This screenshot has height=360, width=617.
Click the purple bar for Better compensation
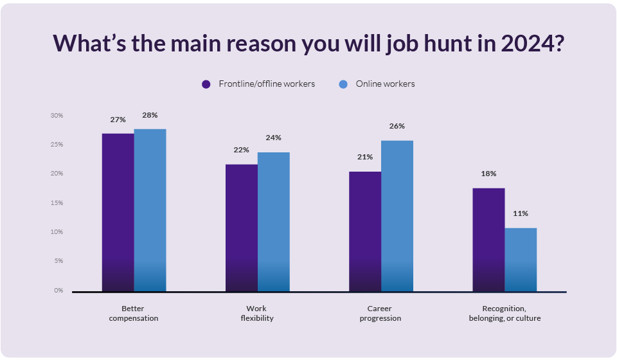point(118,212)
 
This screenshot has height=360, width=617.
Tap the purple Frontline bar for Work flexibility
point(242,228)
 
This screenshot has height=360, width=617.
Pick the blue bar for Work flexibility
point(274,222)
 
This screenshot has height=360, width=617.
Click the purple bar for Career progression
point(365,231)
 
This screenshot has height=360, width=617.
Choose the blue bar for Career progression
point(397,216)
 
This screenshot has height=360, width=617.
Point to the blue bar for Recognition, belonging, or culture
point(521,260)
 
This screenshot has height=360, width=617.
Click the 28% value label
point(150,115)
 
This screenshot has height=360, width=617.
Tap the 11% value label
point(520,213)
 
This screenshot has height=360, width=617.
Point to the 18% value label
point(488,174)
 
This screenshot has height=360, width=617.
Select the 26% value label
point(397,126)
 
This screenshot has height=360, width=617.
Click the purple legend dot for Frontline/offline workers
point(206,84)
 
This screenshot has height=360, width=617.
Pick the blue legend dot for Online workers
point(343,84)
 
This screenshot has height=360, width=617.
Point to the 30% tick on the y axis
point(57,116)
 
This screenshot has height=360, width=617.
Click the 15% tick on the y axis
point(57,203)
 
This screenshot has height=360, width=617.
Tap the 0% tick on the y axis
point(58,291)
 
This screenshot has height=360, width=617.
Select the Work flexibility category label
point(257,313)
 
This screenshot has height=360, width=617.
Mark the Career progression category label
point(380,313)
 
